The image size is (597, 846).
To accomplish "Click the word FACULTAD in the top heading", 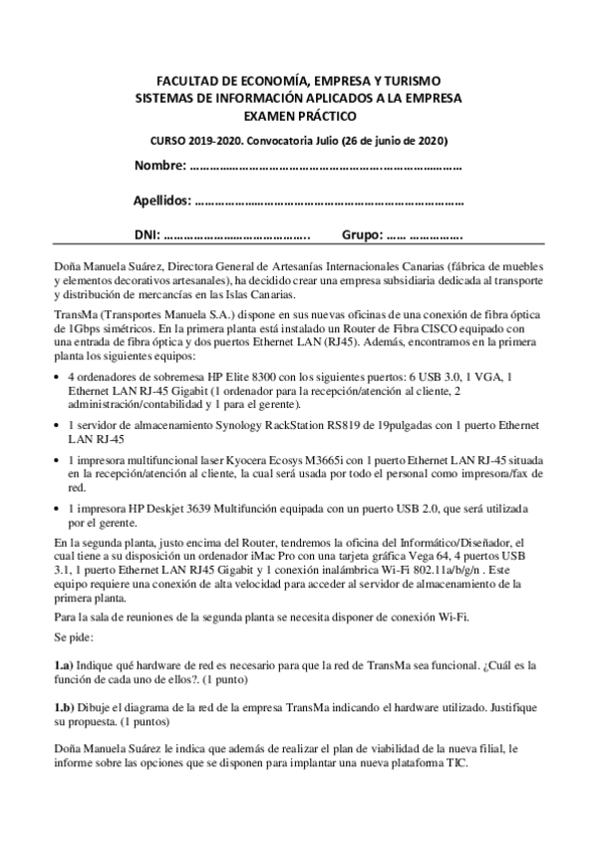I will click(x=190, y=80).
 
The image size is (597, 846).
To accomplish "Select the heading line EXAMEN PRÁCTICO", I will click(x=298, y=115).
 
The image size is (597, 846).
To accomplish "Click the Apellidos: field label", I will click(x=163, y=202).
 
